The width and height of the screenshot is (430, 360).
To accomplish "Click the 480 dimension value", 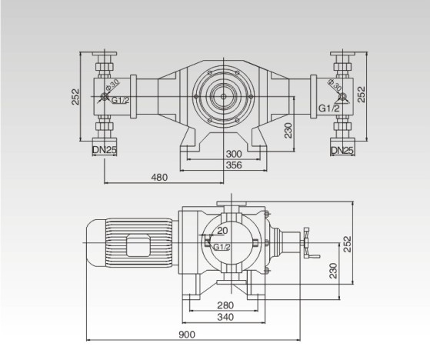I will tap(158, 177).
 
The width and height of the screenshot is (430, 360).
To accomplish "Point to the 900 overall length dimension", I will tap(188, 334).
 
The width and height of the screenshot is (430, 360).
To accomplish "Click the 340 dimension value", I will tap(224, 317).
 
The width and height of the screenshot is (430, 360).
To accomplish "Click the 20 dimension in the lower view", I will tap(222, 231).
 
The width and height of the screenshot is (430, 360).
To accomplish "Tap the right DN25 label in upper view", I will tap(342, 151).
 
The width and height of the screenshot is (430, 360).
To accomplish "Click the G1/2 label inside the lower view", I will tap(222, 246).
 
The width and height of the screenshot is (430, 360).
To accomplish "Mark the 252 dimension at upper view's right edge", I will tap(361, 94).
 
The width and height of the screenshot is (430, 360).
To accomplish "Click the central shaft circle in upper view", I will tap(223, 97).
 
